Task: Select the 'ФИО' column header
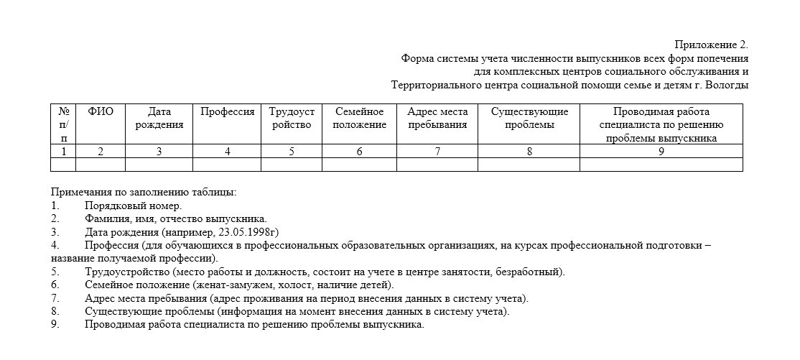(101, 112)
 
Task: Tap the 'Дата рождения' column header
(159, 119)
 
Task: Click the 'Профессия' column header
(227, 112)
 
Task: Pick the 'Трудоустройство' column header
(292, 119)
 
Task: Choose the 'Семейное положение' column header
(359, 119)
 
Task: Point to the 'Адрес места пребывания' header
(437, 119)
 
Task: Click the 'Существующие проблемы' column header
(529, 119)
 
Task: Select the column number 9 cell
(661, 152)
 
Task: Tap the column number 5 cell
(292, 152)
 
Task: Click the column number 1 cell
(63, 152)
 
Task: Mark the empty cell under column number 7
(437, 165)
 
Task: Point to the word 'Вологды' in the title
(727, 86)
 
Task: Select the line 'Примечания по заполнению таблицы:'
(144, 192)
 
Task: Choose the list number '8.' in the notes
(55, 312)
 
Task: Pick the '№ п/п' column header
(63, 125)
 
